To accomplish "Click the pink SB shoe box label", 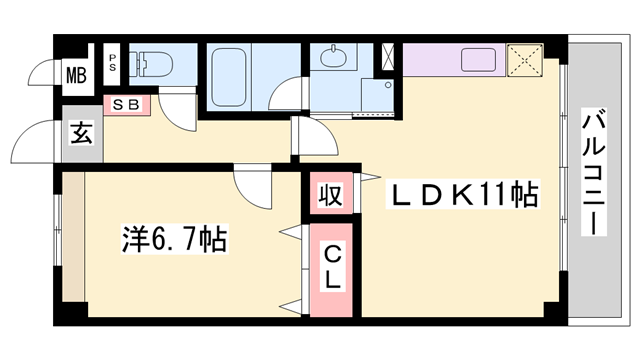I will (126, 103).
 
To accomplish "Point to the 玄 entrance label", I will (80, 133).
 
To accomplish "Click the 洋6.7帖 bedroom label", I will (172, 240).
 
